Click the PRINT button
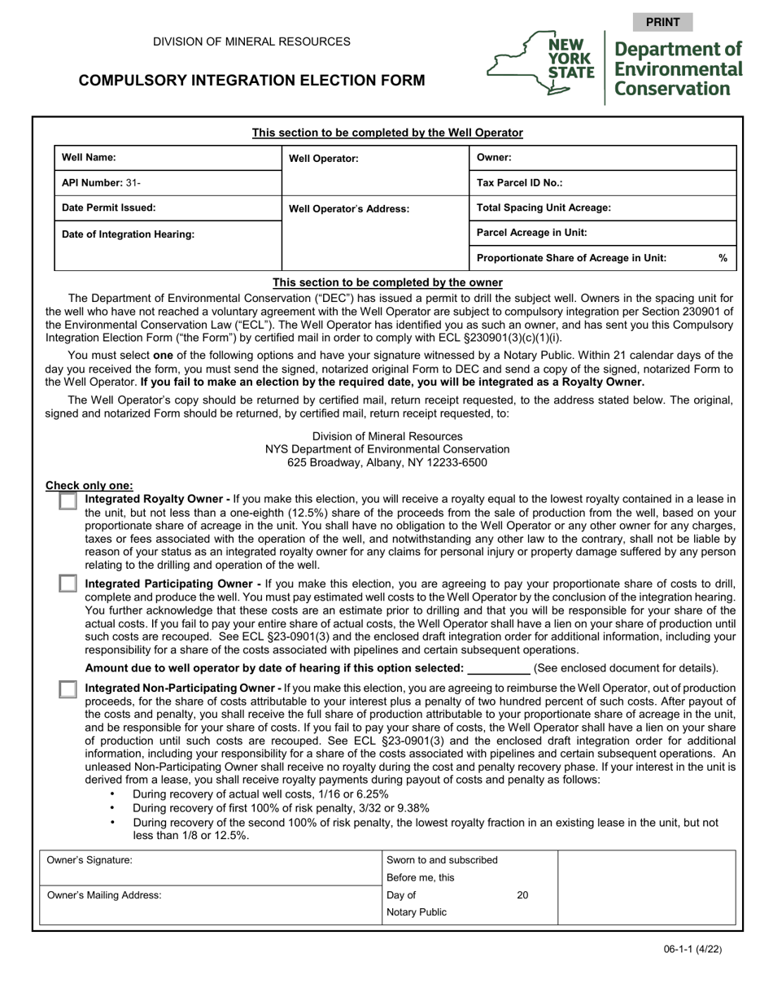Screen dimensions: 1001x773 (662, 22)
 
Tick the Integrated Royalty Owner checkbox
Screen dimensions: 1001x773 (68, 501)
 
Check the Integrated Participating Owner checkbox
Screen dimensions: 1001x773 (68, 584)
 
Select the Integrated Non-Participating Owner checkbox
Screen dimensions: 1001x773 (68, 689)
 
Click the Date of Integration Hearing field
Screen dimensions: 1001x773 (236, 234)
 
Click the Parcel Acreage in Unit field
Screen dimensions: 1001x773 (659, 233)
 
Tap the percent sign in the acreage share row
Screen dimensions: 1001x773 (723, 258)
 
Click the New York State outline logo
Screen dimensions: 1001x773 (541, 63)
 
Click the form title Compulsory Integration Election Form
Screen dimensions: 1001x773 (251, 81)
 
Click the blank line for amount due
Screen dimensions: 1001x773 (499, 669)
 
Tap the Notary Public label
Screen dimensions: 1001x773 (417, 912)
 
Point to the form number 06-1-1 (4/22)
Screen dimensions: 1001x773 (692, 949)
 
